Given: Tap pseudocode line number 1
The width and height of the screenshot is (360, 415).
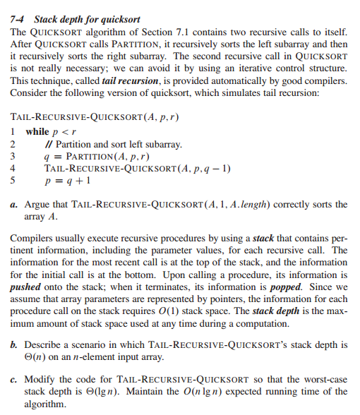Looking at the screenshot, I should click(14, 132).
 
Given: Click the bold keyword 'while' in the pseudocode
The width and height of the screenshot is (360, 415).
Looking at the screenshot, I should click(37, 132).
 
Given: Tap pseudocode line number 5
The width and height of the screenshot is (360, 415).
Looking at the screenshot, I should click(14, 181).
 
